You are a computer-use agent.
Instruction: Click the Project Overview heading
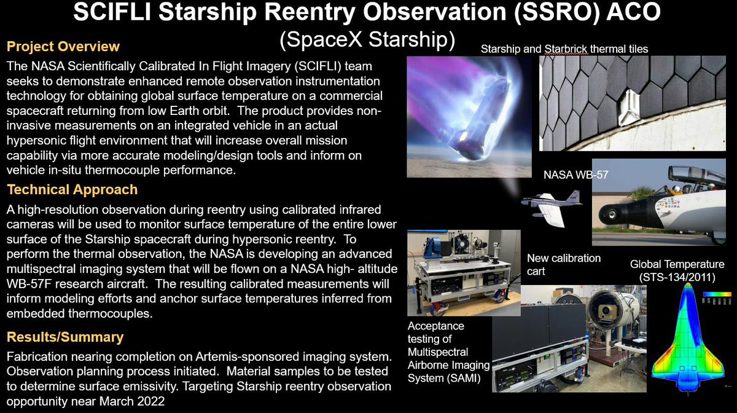[x=63, y=47]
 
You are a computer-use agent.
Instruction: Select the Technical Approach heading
[x=72, y=190]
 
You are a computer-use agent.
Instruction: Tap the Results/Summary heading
[x=65, y=337]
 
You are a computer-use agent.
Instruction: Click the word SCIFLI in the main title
[x=112, y=12]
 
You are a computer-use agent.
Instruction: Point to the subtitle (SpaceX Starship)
[x=367, y=39]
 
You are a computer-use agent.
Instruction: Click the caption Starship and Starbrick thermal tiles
[x=564, y=49]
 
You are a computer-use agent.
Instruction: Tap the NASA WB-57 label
[x=576, y=175]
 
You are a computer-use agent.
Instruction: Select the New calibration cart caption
[x=564, y=264]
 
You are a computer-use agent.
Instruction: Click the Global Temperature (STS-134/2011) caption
[x=677, y=270]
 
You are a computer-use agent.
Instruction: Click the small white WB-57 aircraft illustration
[x=550, y=208]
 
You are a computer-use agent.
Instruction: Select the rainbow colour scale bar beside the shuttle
[x=717, y=294]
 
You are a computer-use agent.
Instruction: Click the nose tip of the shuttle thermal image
[x=687, y=284]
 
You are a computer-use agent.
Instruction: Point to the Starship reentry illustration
[x=469, y=117]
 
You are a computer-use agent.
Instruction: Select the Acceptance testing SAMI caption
[x=448, y=352]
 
